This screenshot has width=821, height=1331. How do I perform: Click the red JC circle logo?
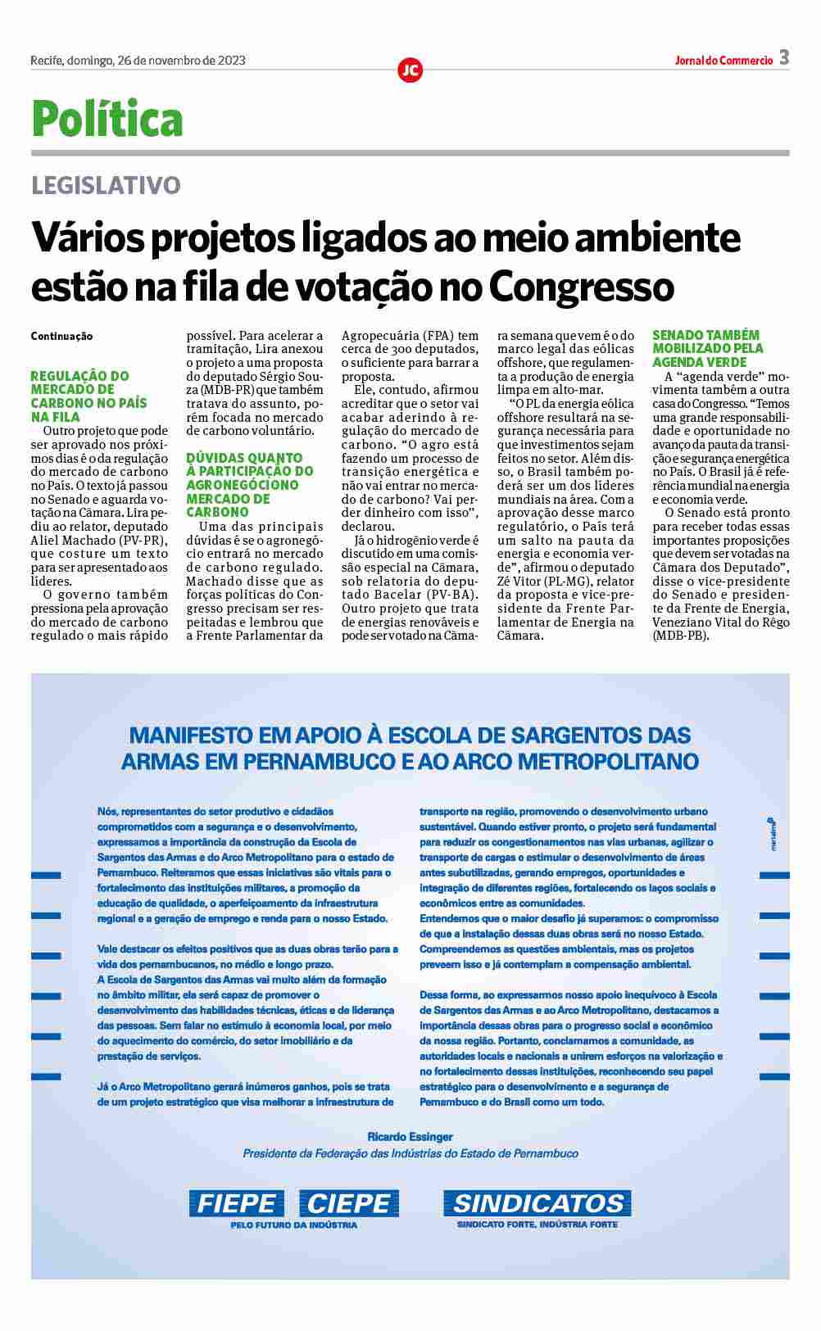[410, 70]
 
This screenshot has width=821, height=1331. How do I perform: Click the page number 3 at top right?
[784, 57]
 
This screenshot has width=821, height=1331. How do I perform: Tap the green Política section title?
[107, 119]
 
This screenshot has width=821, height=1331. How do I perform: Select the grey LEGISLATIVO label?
[106, 185]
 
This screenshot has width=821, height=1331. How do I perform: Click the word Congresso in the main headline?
[582, 286]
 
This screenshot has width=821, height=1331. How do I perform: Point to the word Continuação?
[61, 337]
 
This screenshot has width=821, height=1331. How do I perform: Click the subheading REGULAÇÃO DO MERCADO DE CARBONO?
[88, 396]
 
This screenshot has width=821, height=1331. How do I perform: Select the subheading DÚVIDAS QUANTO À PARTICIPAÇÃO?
[249, 485]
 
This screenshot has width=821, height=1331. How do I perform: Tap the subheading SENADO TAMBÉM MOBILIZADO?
[708, 348]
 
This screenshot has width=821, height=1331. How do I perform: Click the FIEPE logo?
[237, 1203]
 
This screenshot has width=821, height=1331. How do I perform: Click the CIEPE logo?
[349, 1203]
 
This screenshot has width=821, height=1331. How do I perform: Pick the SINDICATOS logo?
[538, 1203]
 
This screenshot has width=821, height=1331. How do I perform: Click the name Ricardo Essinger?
[410, 1137]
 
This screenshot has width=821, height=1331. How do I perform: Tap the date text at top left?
[138, 61]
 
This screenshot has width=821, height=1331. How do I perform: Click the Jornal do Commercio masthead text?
[723, 61]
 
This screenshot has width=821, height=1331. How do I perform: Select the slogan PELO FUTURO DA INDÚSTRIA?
[293, 1225]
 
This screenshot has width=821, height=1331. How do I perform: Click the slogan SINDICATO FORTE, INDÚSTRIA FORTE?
[538, 1225]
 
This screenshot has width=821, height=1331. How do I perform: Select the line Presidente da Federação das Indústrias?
[410, 1153]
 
